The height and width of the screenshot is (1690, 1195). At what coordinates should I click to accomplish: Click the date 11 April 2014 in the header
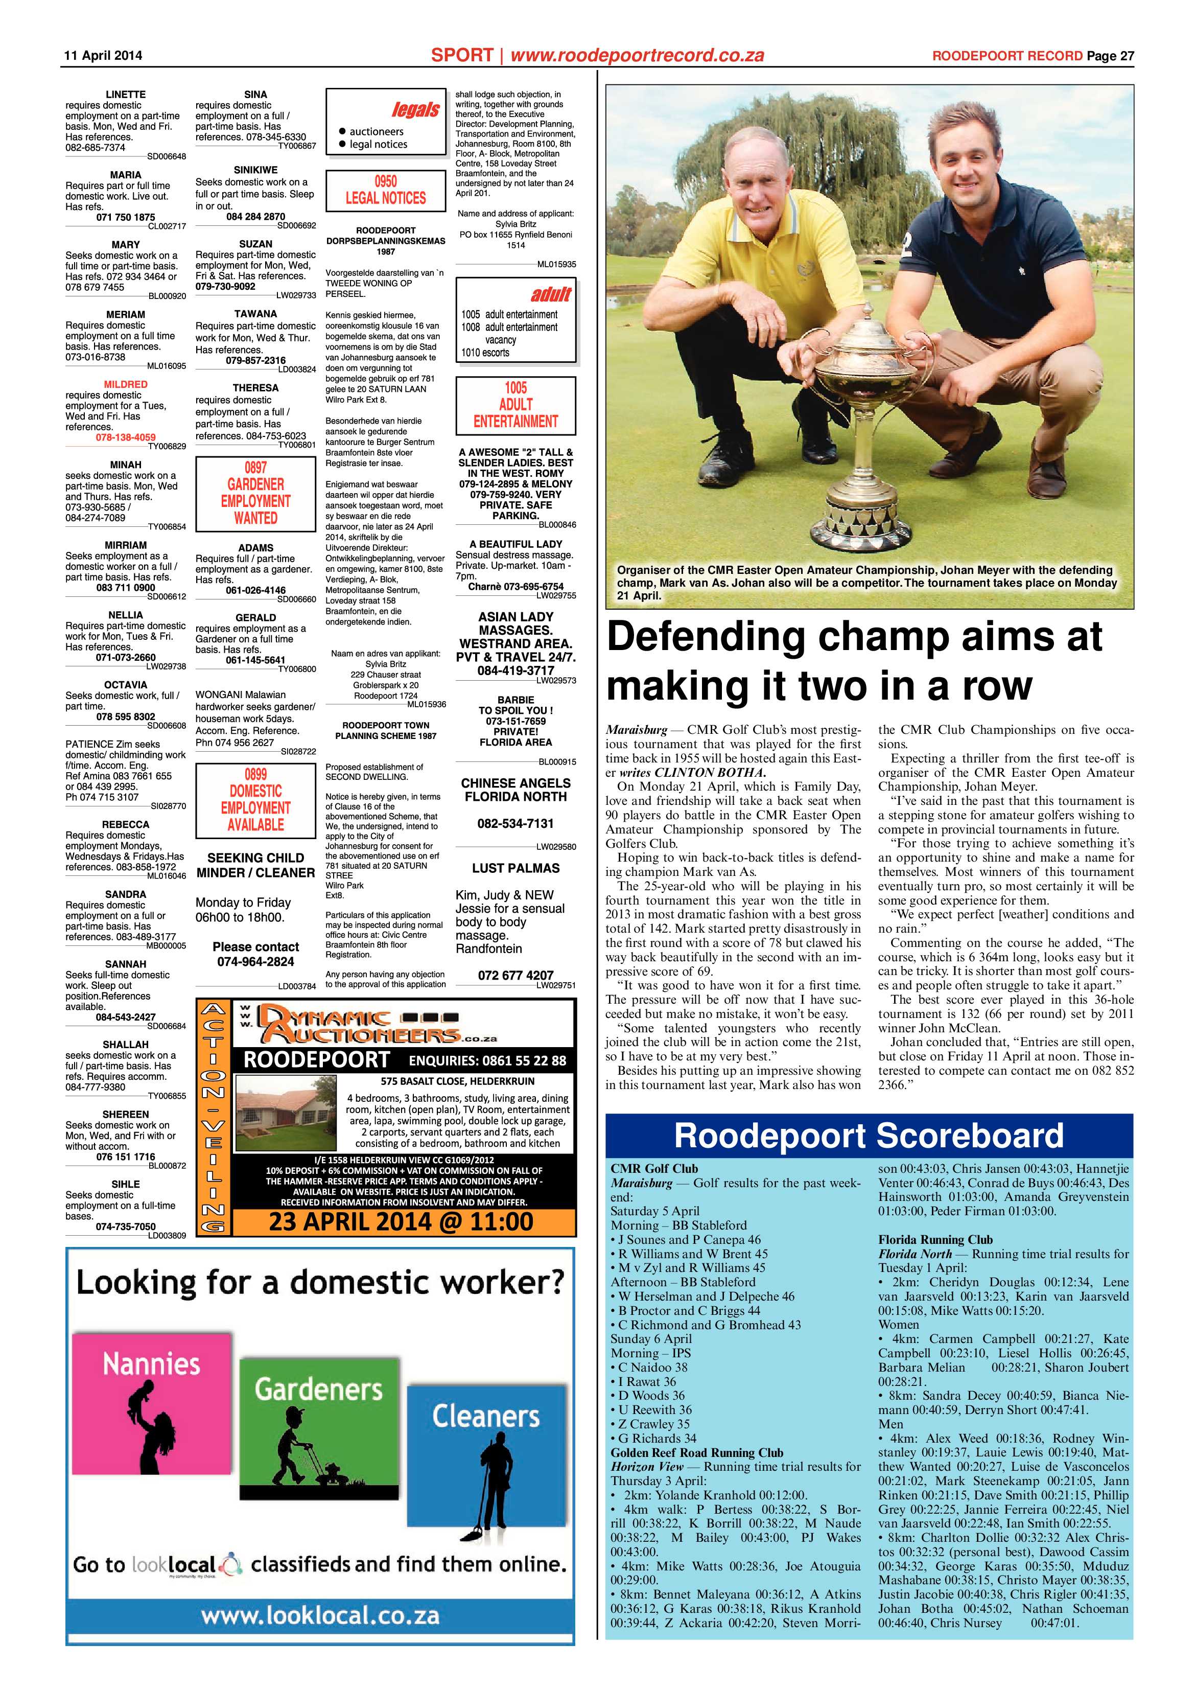click(104, 56)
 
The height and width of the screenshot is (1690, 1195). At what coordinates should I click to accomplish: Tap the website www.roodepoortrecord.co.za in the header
click(637, 55)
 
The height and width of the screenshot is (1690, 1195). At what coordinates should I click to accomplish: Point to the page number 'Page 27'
click(1110, 56)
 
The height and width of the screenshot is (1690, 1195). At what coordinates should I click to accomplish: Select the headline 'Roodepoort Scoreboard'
click(869, 1136)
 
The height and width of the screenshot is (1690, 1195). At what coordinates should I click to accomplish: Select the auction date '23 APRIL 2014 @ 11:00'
click(401, 1222)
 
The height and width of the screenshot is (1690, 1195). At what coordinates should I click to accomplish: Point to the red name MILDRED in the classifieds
click(126, 384)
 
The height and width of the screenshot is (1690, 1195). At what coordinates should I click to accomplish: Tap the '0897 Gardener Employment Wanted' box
click(255, 493)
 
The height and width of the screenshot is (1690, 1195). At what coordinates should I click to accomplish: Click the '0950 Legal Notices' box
click(386, 190)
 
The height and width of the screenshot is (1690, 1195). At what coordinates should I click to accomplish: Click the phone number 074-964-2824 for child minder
click(255, 961)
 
